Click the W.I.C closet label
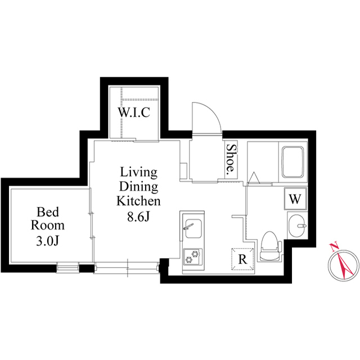[x=134, y=112]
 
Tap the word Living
[x=139, y=173]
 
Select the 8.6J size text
[x=139, y=216]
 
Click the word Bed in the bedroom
[x=48, y=212]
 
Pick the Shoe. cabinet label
[x=231, y=159]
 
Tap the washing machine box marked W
[x=295, y=199]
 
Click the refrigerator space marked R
[x=242, y=259]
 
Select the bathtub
[x=293, y=162]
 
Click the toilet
[x=270, y=246]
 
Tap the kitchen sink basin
[x=193, y=228]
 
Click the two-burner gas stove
[x=192, y=256]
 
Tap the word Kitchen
[x=139, y=201]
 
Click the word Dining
[x=139, y=187]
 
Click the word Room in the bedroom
[x=48, y=226]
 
